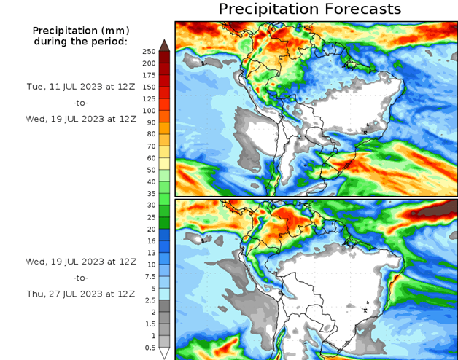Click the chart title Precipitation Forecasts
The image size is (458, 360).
point(310,9)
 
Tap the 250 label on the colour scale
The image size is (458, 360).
point(149,51)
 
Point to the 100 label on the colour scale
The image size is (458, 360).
point(149,110)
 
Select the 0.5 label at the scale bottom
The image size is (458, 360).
point(150,347)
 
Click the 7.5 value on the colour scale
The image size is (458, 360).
point(149,276)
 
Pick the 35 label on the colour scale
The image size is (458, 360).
point(149,193)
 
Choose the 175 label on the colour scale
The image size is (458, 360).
point(149,75)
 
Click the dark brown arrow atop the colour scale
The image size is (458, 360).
point(165,44)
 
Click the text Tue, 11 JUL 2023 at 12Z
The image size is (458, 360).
point(81,86)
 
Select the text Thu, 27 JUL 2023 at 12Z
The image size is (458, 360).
point(81,293)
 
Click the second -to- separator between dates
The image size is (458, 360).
point(81,278)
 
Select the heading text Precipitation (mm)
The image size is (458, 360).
point(80,31)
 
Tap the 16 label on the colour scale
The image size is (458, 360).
point(149,240)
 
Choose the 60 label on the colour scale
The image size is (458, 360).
point(149,157)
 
